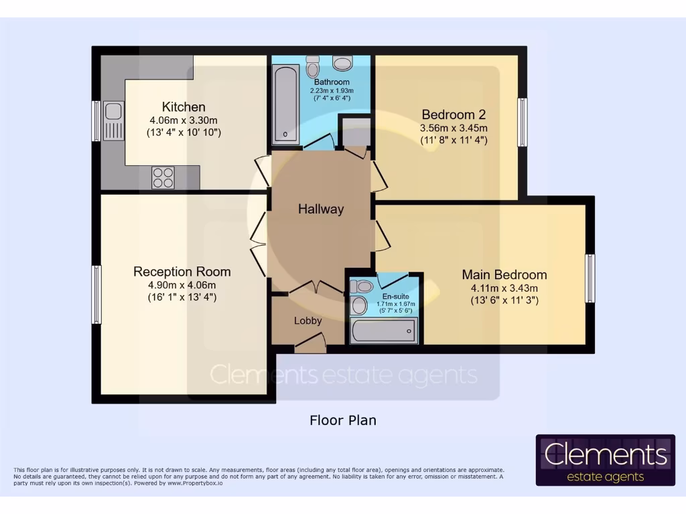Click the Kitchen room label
184,106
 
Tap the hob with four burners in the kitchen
163,178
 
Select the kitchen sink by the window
113,120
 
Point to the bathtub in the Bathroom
285,104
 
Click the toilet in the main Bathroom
312,66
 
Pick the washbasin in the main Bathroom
342,64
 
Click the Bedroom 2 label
454,114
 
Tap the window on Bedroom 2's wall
523,122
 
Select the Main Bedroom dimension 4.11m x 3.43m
504,288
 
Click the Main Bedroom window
590,278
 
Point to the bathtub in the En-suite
384,331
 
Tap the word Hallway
321,209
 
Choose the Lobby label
308,321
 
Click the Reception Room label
182,272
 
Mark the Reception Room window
96,294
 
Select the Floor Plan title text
343,420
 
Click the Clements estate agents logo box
606,460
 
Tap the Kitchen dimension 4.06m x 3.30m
184,120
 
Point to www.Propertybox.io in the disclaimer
195,483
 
